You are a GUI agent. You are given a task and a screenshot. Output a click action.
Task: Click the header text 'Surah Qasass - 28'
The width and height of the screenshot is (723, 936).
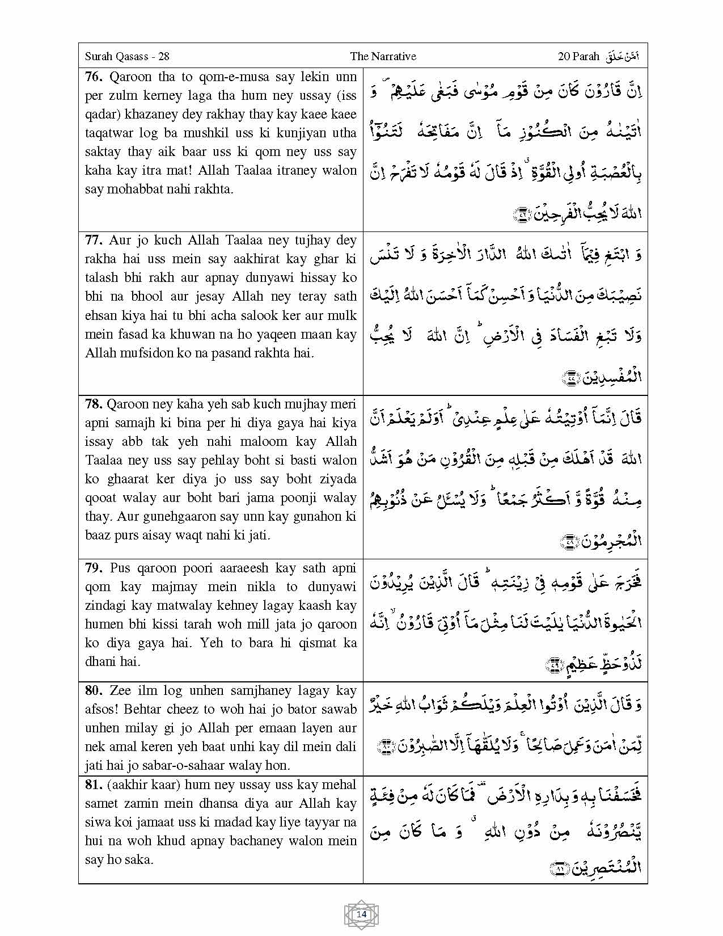click(x=127, y=56)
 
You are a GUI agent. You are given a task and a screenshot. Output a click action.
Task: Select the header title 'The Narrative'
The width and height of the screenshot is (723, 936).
click(x=383, y=56)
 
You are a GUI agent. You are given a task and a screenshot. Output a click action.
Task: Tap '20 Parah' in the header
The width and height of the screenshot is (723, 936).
click(x=578, y=56)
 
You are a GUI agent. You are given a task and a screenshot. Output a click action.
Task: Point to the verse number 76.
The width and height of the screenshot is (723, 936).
click(x=94, y=77)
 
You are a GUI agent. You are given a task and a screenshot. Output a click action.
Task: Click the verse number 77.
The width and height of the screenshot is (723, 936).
click(x=94, y=241)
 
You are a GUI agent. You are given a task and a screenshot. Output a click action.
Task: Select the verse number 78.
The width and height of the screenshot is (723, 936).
click(x=94, y=404)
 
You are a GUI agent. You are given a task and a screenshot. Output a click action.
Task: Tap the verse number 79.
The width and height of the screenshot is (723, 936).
click(x=94, y=568)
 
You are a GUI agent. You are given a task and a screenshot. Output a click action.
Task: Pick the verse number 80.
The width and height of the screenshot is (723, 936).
click(x=94, y=691)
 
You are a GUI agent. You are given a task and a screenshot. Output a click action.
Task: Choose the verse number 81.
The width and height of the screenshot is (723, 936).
click(x=94, y=785)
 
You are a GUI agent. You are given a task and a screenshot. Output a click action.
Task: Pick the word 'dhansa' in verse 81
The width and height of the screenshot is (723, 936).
click(x=260, y=804)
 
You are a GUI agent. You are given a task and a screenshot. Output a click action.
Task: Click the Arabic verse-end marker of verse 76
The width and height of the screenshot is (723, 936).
click(x=521, y=214)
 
